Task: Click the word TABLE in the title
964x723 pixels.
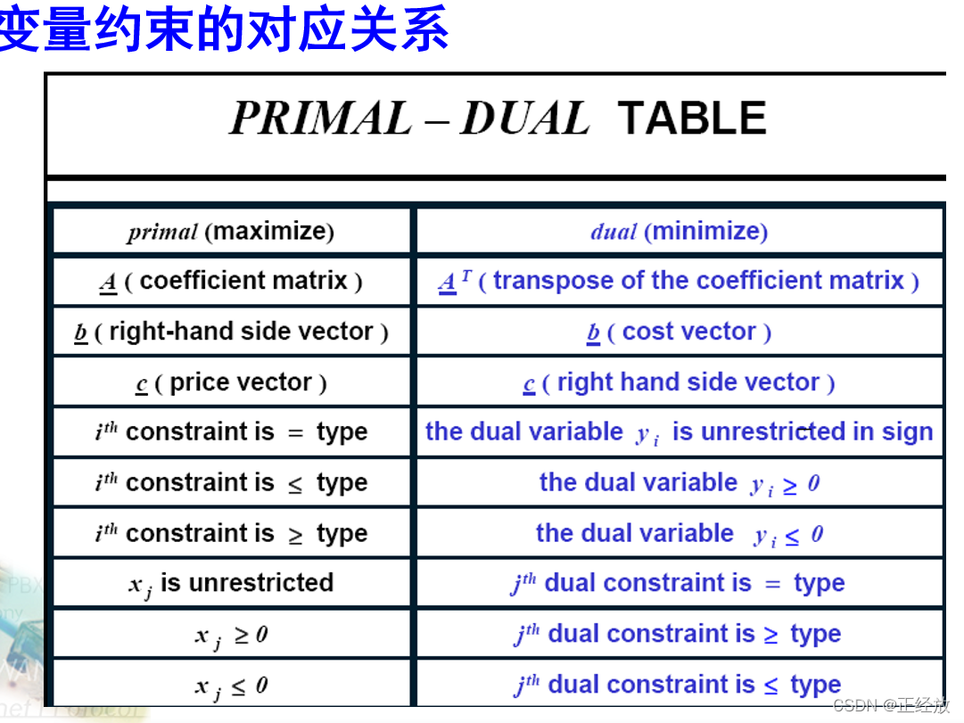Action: [691, 119]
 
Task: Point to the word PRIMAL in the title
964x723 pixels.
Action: [320, 119]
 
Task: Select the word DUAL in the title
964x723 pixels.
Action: [524, 119]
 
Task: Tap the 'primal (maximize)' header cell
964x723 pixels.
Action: [231, 232]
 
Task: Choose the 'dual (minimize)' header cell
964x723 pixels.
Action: [679, 232]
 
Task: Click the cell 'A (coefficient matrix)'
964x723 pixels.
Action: [231, 282]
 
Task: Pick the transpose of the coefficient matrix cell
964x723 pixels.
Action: [679, 282]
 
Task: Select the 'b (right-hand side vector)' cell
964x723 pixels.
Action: [231, 332]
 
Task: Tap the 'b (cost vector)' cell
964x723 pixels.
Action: [679, 332]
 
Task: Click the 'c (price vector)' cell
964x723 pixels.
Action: [231, 382]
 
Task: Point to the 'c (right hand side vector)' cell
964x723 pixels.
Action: [679, 382]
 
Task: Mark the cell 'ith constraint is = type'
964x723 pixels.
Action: [231, 432]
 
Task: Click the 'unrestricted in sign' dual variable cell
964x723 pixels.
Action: [679, 432]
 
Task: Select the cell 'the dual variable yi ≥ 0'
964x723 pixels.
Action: [679, 483]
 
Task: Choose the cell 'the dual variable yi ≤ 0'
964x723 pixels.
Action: [679, 533]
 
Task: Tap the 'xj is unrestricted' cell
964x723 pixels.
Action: [231, 583]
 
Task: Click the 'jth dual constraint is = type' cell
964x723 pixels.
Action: [679, 584]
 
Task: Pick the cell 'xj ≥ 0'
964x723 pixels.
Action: [231, 635]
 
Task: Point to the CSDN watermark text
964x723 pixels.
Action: [890, 706]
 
